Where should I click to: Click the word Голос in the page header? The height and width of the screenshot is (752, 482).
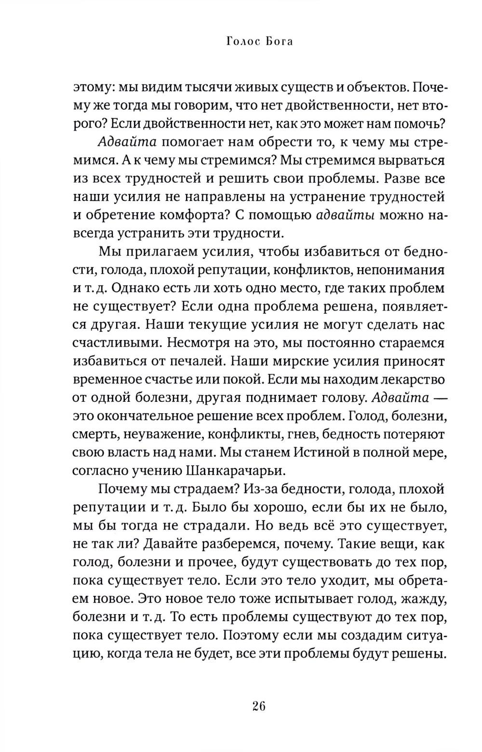[243, 42]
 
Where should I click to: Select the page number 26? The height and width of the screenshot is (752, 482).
[258, 707]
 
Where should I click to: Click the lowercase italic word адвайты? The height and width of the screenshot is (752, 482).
[348, 215]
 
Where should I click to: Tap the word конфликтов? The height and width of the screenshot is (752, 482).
[309, 270]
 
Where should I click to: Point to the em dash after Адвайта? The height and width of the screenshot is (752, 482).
[434, 397]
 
